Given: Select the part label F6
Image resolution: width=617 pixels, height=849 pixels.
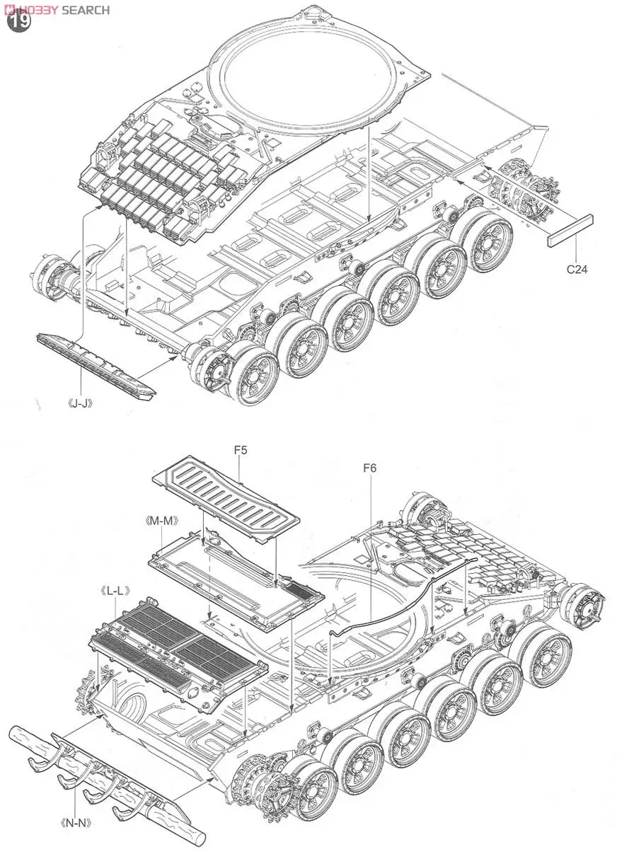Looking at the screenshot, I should pos(370,468).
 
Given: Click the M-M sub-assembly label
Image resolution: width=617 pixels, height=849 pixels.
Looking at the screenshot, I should pos(158,521).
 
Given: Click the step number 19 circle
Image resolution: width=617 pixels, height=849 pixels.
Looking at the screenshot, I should pos(20,21).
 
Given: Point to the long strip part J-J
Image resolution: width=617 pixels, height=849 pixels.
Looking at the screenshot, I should pos(96,364).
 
